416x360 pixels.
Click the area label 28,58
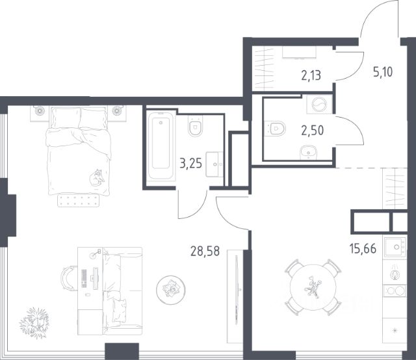click(205, 251)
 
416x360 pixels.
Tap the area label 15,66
click(363, 249)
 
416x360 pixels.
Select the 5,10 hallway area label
click(383, 72)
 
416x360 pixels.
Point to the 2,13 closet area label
click(311, 75)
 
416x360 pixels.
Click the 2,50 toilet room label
click(313, 131)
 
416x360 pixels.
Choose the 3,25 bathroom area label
click(190, 163)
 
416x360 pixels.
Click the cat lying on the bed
click(97, 177)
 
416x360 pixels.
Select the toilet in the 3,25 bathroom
click(196, 126)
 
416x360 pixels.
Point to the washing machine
click(319, 104)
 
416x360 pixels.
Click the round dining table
click(313, 287)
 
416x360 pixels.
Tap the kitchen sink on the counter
click(395, 247)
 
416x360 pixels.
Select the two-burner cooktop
click(395, 290)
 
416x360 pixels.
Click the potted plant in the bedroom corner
click(34, 322)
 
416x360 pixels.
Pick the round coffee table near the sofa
click(171, 289)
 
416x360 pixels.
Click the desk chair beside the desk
click(68, 278)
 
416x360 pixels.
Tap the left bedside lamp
click(40, 111)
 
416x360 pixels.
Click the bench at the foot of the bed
click(79, 201)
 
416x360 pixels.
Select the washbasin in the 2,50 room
click(308, 152)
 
